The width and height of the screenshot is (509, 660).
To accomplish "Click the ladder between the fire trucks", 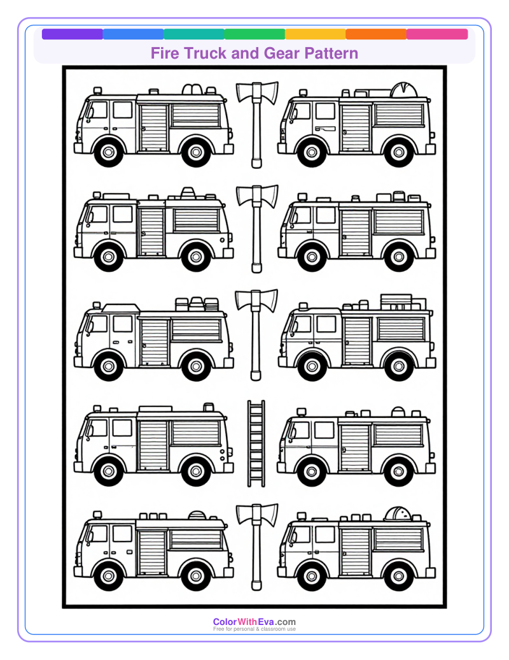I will (x=256, y=443).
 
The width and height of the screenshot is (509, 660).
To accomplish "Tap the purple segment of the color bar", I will (x=72, y=34).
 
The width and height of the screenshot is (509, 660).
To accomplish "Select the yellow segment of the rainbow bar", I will (x=315, y=34).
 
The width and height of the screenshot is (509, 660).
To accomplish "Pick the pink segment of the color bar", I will (x=437, y=34).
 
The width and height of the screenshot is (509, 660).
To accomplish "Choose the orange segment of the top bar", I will (x=376, y=34).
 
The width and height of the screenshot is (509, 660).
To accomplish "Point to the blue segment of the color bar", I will (x=133, y=34).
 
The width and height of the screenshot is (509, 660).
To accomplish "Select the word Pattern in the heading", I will (x=329, y=54).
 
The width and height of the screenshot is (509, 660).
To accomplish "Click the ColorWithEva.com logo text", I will (x=254, y=622).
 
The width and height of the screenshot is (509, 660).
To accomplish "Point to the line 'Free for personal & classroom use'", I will (x=254, y=629).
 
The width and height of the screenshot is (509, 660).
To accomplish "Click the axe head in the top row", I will (x=256, y=93).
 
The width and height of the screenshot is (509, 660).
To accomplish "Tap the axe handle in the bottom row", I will (x=256, y=554).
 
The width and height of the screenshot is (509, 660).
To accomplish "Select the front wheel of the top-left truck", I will (x=109, y=152).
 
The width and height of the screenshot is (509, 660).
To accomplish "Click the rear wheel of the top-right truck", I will (x=399, y=152).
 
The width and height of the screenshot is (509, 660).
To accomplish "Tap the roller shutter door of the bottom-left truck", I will (x=152, y=550).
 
